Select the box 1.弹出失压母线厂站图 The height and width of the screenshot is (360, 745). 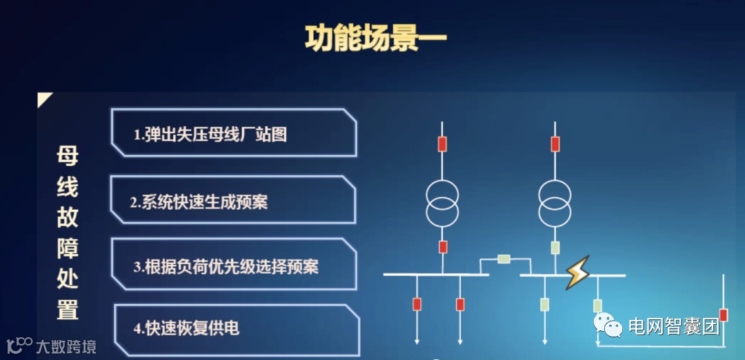[x=233, y=133]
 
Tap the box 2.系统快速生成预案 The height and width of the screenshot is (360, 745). [x=232, y=201]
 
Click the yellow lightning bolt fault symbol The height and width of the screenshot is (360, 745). [x=577, y=274]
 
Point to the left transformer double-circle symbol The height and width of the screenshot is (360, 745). [x=442, y=203]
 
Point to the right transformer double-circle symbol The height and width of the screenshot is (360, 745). [x=555, y=203]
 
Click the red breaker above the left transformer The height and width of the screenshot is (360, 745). [x=442, y=144]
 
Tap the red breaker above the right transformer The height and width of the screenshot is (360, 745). [x=555, y=144]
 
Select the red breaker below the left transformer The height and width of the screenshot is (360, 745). [x=443, y=247]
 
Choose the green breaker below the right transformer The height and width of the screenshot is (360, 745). [x=555, y=248]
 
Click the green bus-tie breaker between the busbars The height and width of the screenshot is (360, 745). [x=504, y=259]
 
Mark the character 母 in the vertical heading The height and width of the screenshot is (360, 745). [x=67, y=156]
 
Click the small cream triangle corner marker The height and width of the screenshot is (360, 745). [x=45, y=100]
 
